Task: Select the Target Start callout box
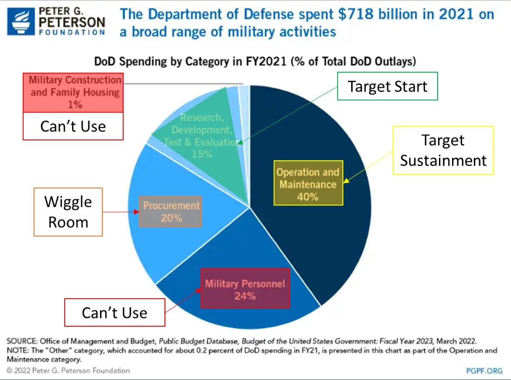click(387, 86)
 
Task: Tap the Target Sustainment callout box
click(443, 150)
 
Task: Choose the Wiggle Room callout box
click(68, 212)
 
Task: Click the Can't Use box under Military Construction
click(73, 126)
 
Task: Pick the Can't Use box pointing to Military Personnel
click(114, 312)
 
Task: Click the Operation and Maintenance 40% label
click(308, 184)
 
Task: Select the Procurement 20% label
click(171, 211)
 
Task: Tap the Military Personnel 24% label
click(245, 289)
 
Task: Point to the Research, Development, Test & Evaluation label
click(201, 130)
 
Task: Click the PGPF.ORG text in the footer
click(484, 371)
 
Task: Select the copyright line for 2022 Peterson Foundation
click(69, 371)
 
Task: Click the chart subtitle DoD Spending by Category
click(255, 62)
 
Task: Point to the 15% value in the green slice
click(201, 153)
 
